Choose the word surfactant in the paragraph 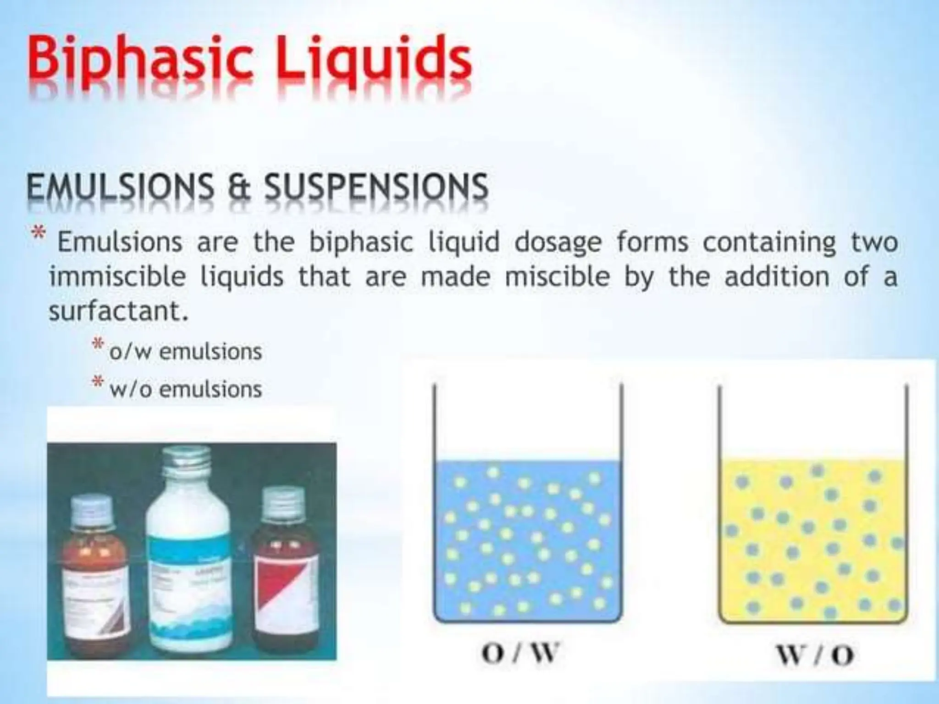(x=118, y=312)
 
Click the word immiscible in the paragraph (x=117, y=277)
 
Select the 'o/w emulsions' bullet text (x=185, y=352)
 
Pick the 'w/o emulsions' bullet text (x=185, y=390)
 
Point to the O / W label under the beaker (x=521, y=653)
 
